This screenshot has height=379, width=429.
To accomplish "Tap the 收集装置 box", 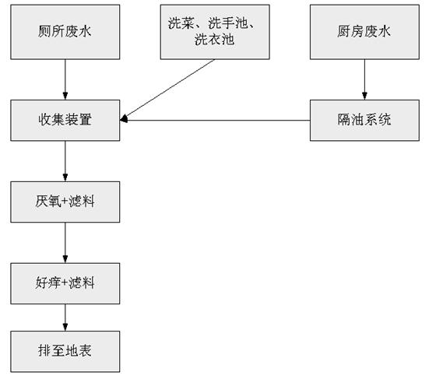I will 65,120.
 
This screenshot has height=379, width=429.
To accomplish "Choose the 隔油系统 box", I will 364,120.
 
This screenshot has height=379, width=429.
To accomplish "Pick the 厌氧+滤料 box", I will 65,201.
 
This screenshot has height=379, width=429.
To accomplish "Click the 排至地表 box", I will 65,351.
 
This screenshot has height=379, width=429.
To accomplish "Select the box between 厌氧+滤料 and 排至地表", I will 65,283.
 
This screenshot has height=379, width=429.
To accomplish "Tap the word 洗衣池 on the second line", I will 213,40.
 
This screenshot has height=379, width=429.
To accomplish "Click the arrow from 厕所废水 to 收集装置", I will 65,79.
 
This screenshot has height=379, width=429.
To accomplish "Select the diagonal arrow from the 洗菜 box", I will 171,88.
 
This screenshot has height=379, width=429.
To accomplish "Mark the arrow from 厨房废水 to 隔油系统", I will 364,79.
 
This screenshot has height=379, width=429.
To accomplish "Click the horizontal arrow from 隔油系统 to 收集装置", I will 218,120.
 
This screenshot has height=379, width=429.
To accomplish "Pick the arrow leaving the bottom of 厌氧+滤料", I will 65,242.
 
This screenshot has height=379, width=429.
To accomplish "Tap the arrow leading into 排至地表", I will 65,317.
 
